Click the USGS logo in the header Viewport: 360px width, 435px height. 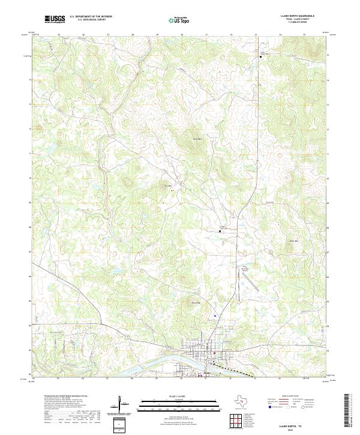click(55, 20)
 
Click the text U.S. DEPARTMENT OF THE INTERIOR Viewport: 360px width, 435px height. click(91, 17)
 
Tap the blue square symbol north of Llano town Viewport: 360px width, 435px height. click(215, 315)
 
